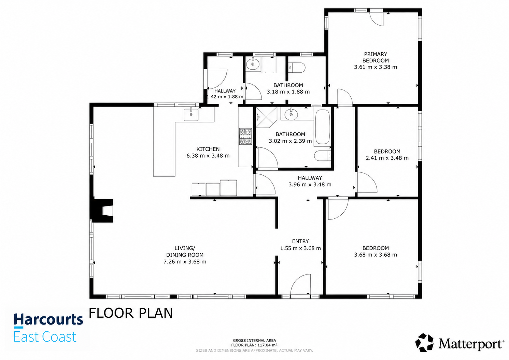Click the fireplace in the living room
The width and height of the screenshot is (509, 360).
(x=102, y=211)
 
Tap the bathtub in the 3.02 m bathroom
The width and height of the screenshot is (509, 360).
(x=323, y=127)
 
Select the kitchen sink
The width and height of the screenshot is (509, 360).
(x=191, y=114)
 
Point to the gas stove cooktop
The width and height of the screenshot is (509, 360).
(x=245, y=136)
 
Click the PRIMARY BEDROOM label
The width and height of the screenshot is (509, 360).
(x=376, y=57)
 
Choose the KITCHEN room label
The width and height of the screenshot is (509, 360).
(x=208, y=149)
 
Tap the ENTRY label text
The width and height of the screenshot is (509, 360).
(x=300, y=241)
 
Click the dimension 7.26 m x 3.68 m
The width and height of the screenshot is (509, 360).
(x=185, y=261)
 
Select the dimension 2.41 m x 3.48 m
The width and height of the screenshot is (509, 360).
(x=387, y=158)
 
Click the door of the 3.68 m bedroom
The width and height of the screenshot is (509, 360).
(x=338, y=209)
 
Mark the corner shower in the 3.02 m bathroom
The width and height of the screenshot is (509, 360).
(x=267, y=117)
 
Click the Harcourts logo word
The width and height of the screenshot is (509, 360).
(x=48, y=319)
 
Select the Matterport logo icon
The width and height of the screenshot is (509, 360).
(x=424, y=343)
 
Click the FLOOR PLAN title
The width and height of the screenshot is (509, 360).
(x=131, y=313)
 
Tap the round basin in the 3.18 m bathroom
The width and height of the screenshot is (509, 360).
(x=253, y=64)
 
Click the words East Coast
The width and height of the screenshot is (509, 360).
(x=45, y=337)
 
